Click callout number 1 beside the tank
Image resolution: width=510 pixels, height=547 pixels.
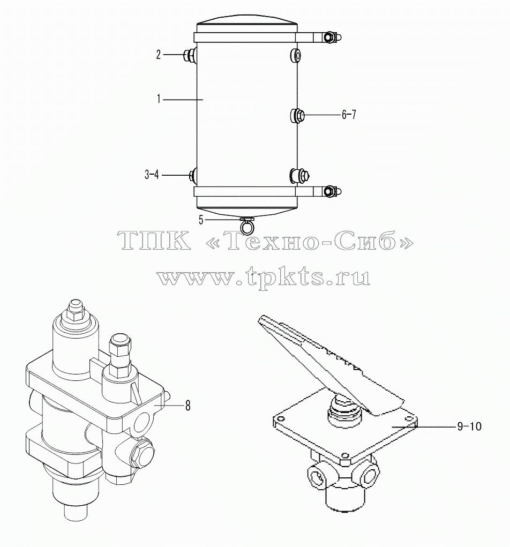159,100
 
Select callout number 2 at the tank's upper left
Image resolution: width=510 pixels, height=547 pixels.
159,55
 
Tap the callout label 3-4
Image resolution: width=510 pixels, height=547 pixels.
152,175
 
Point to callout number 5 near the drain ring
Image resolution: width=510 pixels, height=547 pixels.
201,220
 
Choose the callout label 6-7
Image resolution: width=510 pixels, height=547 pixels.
349,115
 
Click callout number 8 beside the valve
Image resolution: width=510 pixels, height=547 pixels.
187,406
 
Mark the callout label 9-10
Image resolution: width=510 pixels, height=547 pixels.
469,426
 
